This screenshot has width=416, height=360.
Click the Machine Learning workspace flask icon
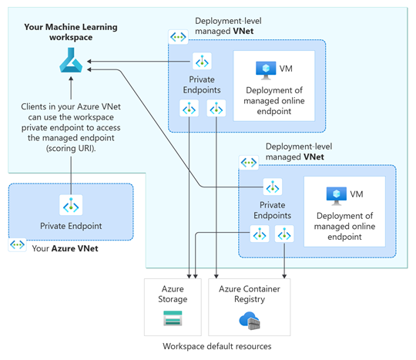tap(71, 60)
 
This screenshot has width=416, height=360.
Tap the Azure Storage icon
tap(173, 318)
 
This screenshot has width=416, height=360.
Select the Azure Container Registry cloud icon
tap(250, 321)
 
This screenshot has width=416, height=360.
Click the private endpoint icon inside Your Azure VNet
tap(71, 205)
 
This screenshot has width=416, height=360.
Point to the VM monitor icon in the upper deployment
tap(266, 70)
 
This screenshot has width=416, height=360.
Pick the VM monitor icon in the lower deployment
tap(337, 196)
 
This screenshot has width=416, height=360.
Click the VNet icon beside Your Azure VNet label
tap(17, 244)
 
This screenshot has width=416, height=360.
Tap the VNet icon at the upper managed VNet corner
tap(178, 37)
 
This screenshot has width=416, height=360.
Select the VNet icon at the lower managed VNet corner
tap(249, 163)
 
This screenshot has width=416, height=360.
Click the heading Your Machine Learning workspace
tap(71, 32)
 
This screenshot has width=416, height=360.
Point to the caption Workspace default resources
tap(217, 346)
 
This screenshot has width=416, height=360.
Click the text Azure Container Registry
tap(250, 294)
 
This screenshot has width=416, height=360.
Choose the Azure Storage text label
tap(173, 294)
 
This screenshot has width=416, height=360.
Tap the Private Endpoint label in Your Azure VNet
tap(71, 226)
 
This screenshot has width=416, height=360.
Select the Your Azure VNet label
tap(65, 248)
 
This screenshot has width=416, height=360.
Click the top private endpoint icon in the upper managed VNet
tap(202, 62)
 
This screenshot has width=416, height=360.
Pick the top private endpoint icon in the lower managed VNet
tap(273, 187)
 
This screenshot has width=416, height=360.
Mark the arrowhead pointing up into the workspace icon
tap(71, 79)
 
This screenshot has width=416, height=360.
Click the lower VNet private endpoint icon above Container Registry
tap(284, 234)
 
